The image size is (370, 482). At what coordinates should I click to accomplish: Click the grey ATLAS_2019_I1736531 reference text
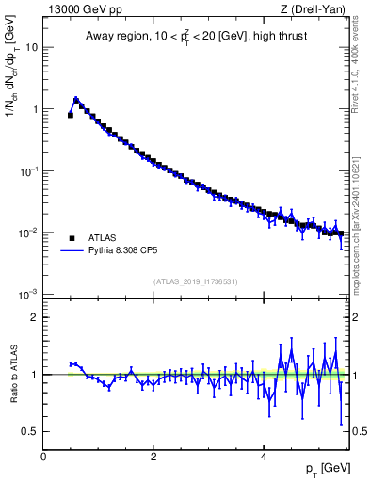(196, 281)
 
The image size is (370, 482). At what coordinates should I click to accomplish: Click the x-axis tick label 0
(43, 456)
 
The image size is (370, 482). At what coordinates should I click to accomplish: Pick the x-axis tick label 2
(153, 456)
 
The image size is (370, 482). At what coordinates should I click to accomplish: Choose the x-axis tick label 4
(264, 456)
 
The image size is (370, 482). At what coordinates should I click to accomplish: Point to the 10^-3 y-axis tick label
(27, 295)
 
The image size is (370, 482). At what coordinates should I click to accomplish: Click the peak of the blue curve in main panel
(76, 98)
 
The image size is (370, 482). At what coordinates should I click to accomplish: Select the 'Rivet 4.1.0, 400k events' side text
(360, 66)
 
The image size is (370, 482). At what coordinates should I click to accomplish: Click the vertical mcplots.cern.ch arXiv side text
(360, 217)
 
